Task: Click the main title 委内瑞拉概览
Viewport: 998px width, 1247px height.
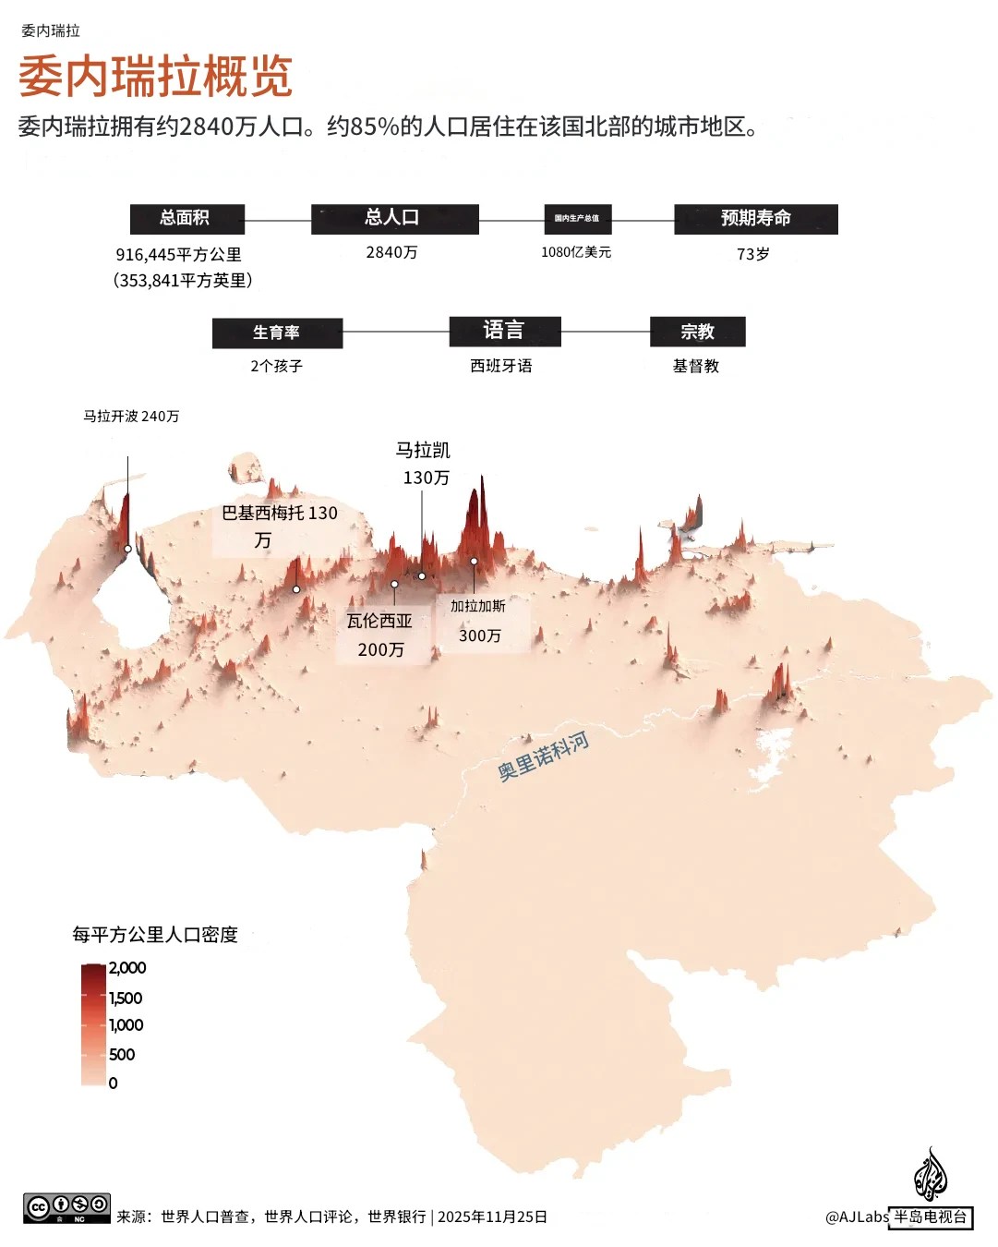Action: (x=155, y=76)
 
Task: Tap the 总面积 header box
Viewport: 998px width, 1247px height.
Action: (x=186, y=218)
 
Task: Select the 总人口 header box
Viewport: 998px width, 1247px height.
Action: (x=394, y=218)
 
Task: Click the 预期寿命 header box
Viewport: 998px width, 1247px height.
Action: (x=755, y=218)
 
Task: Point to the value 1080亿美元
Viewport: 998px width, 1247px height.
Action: (x=576, y=252)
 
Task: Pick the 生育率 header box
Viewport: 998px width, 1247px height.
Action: (x=277, y=333)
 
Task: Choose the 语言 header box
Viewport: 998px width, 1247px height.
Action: (x=504, y=331)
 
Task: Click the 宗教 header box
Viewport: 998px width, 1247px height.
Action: (x=697, y=332)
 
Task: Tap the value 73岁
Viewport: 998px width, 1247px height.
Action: (x=752, y=254)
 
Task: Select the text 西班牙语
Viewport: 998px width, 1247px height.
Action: (x=501, y=366)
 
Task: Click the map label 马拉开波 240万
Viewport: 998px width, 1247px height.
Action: (x=131, y=417)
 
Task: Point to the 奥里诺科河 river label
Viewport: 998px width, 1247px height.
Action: (x=543, y=757)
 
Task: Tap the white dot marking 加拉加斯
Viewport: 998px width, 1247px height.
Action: (x=474, y=561)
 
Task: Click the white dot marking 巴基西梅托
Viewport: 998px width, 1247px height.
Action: (x=296, y=589)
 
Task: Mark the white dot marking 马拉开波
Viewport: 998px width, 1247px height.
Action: (x=128, y=549)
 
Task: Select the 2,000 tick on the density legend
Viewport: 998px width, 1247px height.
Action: (x=126, y=968)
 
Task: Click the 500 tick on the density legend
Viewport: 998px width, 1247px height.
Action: (x=121, y=1055)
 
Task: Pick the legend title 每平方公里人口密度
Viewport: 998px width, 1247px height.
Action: (x=155, y=935)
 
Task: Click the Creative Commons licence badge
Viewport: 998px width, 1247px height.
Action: (x=66, y=1207)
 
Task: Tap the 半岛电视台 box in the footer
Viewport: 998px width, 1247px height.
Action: (x=930, y=1217)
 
